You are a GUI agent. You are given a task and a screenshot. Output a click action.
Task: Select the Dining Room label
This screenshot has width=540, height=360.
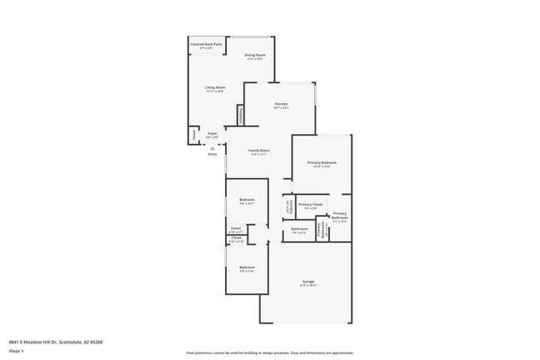pos(253,57)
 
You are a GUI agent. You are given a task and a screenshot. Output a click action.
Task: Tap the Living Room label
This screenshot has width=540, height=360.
pos(215,89)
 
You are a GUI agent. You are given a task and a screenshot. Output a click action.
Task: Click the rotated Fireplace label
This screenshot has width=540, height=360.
pos(241,115)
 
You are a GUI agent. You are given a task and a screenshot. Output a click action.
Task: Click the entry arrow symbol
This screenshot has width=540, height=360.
pos(213,147)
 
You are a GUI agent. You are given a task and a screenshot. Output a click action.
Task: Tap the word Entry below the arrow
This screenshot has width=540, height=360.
pos(213,155)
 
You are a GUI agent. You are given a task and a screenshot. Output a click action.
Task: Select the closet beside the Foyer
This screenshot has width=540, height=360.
pos(194,134)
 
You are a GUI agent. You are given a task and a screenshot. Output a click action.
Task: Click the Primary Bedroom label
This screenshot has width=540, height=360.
pos(319,164)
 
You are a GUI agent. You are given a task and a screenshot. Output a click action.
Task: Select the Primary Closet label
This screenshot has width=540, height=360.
pos(311,205)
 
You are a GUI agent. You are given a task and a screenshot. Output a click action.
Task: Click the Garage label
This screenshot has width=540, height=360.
pos(307,284)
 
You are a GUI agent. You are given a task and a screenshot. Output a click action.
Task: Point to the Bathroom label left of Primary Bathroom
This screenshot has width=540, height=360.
pos(299,230)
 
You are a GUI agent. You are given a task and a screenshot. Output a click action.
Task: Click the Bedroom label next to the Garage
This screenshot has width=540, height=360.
pos(247,269)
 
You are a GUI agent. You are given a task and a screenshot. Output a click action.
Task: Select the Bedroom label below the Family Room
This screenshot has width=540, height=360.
pos(247,201)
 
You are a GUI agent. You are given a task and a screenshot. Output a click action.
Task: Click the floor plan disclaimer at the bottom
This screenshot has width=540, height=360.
pos(270,354)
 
